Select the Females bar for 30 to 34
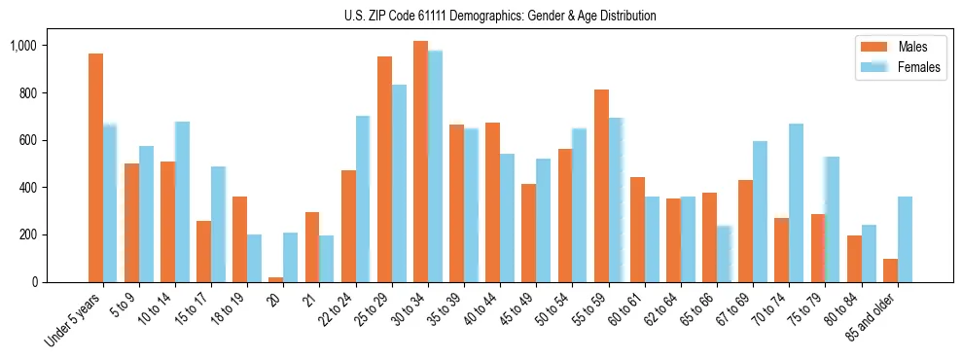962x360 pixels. pos(435,166)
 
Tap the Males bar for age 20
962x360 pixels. pos(276,279)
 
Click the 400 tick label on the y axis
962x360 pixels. pos(26,188)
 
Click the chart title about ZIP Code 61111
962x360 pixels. pos(500,16)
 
